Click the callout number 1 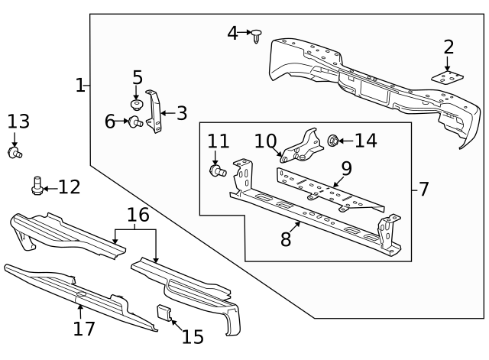tap(80, 85)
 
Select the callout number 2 tap(449, 47)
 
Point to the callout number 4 tap(232, 33)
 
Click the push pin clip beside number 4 tap(257, 34)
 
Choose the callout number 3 tap(181, 114)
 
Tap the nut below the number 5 tap(138, 103)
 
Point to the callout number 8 tap(286, 239)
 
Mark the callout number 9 tap(345, 167)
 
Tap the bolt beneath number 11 tap(216, 169)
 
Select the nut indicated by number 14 tap(334, 141)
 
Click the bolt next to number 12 tap(37, 185)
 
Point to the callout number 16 tap(138, 216)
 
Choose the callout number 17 tap(83, 329)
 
